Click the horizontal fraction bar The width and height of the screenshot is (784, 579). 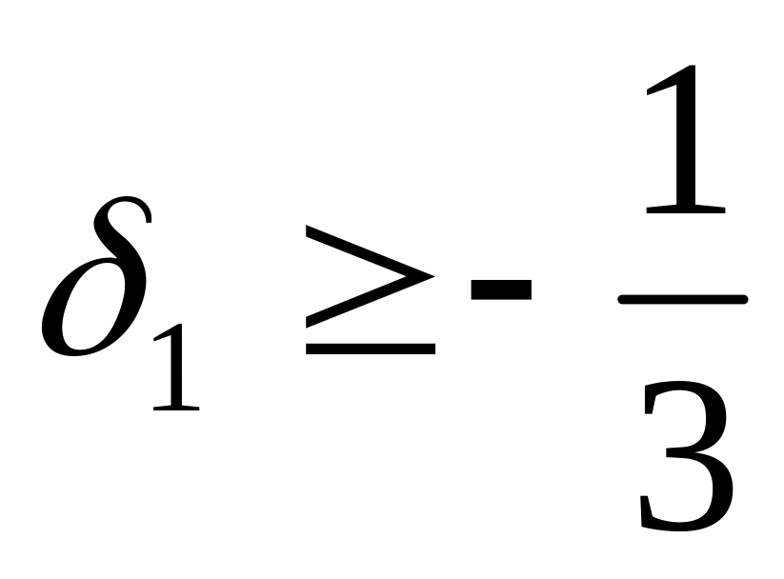click(x=682, y=299)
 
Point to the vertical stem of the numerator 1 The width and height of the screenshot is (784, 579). click(x=685, y=143)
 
